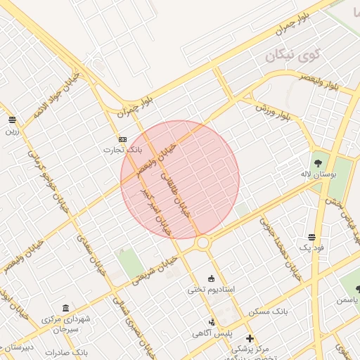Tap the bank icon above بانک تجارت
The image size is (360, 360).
click(123, 139)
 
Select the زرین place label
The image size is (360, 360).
click(13, 130)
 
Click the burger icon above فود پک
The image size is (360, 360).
click(311, 237)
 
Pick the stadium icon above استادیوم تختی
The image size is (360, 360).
click(211, 278)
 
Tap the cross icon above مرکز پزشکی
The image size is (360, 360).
click(250, 338)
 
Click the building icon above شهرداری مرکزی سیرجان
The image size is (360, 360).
click(65, 308)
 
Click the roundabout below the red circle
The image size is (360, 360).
click(203, 243)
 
